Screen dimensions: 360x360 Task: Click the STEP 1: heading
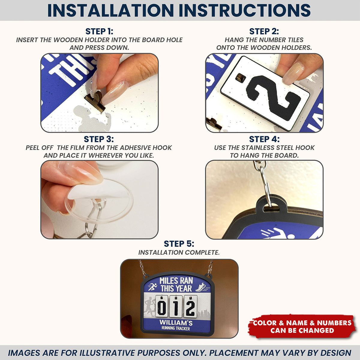[99, 31]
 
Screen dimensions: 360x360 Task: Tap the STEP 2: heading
[264, 31]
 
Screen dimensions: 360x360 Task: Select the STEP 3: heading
[99, 139]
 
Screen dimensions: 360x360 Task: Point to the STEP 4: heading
[264, 139]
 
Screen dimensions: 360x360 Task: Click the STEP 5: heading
[179, 244]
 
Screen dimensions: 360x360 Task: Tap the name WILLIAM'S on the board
[176, 322]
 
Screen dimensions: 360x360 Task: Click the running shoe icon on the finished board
[200, 287]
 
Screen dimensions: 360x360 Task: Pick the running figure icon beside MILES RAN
[152, 287]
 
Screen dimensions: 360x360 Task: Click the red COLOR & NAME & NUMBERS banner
[302, 326]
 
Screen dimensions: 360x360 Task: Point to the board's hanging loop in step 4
[269, 204]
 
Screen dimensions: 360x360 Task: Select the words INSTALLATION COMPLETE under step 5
[179, 253]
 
